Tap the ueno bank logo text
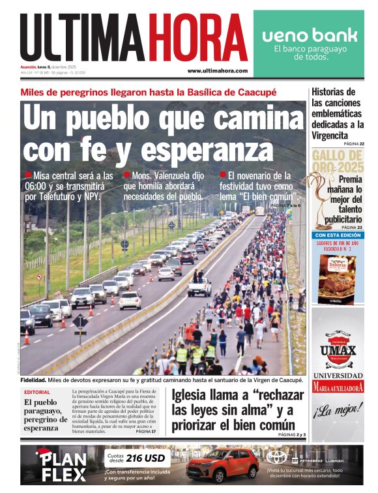(x=310, y=35)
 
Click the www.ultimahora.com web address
(x=217, y=70)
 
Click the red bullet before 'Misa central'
(x=27, y=175)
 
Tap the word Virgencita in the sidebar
(x=330, y=135)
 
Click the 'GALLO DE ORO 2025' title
(x=337, y=161)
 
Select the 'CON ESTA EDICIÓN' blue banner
(x=337, y=235)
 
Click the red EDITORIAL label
(x=36, y=393)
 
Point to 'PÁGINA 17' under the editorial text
(x=147, y=432)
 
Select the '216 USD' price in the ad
(x=146, y=458)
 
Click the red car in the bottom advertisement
(x=222, y=465)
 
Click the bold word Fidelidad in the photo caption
(x=33, y=380)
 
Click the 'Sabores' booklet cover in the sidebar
(x=337, y=277)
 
